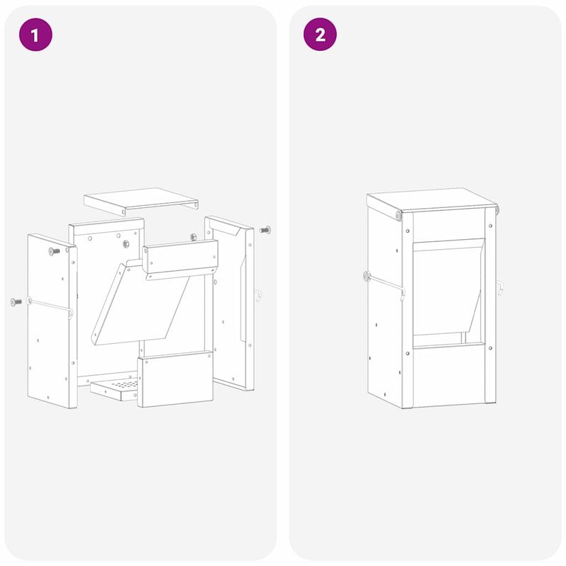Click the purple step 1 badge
[35, 35]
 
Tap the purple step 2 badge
[320, 35]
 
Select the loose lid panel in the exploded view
[141, 201]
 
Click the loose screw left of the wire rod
[16, 302]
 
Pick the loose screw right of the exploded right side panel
[265, 229]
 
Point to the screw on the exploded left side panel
[55, 251]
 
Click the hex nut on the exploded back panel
[126, 244]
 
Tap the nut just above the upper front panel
[193, 236]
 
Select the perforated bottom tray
[115, 388]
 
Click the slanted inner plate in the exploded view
[141, 304]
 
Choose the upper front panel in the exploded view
[180, 259]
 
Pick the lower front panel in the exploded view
[175, 379]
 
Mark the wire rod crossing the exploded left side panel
[50, 306]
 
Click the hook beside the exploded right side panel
[258, 295]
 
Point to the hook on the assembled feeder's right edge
[500, 288]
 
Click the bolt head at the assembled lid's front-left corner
[398, 216]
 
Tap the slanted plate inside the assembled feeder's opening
[448, 287]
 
